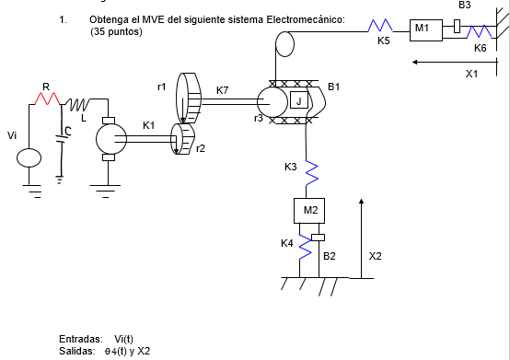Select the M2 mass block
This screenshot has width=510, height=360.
310,210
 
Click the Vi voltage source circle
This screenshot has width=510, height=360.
29,158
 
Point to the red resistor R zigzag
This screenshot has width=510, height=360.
47,97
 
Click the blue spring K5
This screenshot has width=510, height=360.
381,27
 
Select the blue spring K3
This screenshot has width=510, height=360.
310,170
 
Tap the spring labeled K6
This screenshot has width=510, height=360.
478,32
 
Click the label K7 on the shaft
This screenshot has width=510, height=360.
223,90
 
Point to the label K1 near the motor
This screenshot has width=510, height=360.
149,125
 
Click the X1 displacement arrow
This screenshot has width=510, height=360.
451,62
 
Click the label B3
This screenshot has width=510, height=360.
464,6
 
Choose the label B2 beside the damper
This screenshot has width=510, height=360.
329,255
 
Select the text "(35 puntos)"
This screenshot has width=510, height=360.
116,31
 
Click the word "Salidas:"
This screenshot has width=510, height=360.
77,351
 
